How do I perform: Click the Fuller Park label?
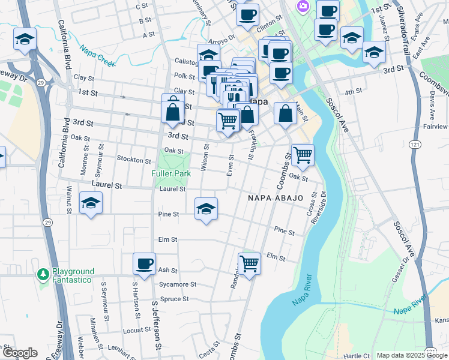coord(171,173)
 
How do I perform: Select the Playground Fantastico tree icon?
coord(43,275)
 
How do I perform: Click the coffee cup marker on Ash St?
coord(144,263)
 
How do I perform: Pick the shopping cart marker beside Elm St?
coord(249,263)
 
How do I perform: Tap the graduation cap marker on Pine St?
coord(206,209)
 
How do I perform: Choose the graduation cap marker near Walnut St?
coord(91,203)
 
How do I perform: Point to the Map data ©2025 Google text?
coord(412,355)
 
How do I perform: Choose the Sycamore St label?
coord(177,284)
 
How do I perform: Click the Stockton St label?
coord(134,160)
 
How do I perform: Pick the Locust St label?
coord(137,330)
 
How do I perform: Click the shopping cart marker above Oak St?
coord(303,155)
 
